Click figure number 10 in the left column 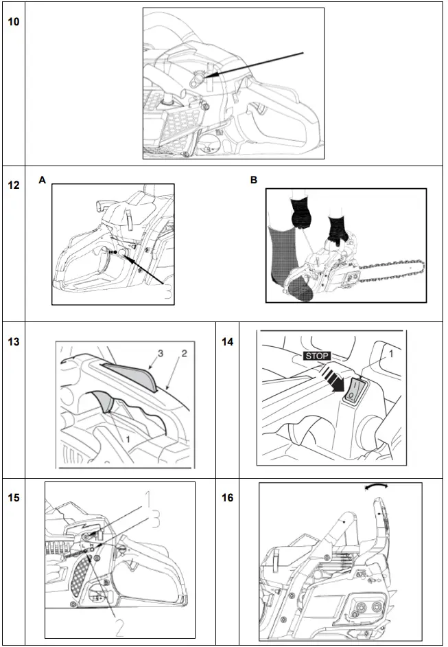tap(13, 21)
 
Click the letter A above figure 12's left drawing tap(43, 179)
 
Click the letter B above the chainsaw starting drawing tap(255, 179)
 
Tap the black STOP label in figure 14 tap(316, 356)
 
